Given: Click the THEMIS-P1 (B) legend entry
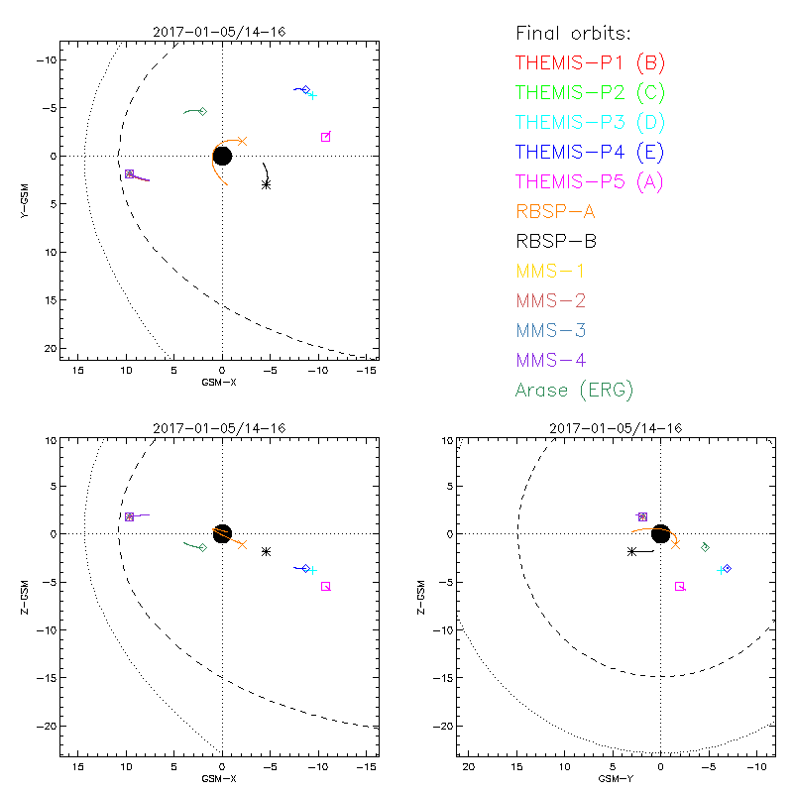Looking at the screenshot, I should click(x=590, y=63).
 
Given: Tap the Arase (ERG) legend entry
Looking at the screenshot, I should click(x=574, y=390).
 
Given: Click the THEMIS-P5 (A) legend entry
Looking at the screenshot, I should click(x=590, y=181).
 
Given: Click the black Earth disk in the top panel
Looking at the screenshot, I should click(x=222, y=156).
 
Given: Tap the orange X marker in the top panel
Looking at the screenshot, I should click(x=242, y=142).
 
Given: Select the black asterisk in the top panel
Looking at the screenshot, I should click(x=266, y=184).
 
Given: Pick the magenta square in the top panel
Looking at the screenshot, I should click(x=325, y=137).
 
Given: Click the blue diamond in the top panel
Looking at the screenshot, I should click(x=305, y=90).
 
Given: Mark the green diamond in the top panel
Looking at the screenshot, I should click(x=202, y=111).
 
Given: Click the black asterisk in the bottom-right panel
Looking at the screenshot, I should click(x=631, y=551).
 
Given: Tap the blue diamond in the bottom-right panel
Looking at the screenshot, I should click(x=727, y=568).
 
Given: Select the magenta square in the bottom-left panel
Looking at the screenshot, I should click(x=325, y=586).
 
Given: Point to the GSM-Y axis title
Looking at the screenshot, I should click(x=613, y=778).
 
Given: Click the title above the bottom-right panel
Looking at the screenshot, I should click(x=613, y=427).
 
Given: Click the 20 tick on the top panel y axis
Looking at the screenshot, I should click(x=48, y=348).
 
